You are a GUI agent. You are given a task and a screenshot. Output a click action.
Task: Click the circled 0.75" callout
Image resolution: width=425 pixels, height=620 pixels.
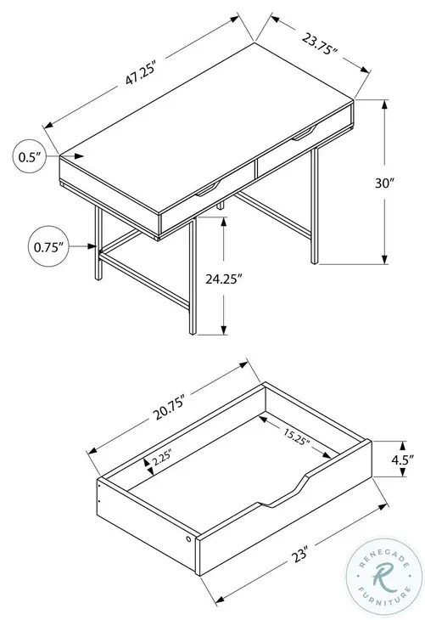[x=32, y=247]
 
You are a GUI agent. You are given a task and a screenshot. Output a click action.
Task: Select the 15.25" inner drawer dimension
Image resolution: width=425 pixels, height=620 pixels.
[x=294, y=437]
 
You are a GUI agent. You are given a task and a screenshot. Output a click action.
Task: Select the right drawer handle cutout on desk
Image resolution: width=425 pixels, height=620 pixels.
[x=303, y=129]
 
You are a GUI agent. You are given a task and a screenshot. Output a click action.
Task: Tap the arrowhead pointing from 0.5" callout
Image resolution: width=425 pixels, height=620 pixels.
[x=81, y=156]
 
